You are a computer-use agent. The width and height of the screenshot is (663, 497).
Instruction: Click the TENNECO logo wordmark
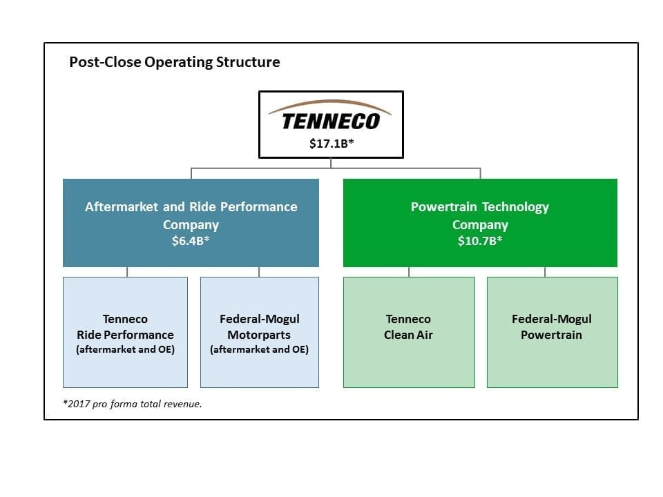click(331, 121)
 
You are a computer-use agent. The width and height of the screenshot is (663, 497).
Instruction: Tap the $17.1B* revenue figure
click(331, 144)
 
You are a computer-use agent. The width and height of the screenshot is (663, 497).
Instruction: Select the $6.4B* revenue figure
click(191, 241)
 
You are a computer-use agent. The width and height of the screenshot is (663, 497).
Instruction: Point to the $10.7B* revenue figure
click(480, 241)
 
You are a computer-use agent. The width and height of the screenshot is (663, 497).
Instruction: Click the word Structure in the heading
click(248, 62)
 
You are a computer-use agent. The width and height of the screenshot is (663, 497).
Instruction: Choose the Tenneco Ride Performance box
click(125, 332)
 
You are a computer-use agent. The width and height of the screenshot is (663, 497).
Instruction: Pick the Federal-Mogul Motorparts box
click(260, 332)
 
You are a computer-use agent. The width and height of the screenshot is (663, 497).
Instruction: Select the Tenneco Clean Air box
click(409, 332)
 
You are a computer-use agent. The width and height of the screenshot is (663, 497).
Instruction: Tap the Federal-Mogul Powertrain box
click(552, 332)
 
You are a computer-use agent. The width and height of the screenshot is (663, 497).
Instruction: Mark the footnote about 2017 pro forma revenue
click(133, 404)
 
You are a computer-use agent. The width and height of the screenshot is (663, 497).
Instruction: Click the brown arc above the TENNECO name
click(330, 102)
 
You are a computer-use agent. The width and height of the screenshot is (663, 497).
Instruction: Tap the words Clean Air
click(408, 335)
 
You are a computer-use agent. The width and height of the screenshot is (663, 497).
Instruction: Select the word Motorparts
click(259, 335)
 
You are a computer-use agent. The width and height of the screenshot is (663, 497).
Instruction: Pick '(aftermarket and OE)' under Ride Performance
click(125, 349)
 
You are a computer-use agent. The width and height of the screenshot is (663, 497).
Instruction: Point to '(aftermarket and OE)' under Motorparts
click(259, 349)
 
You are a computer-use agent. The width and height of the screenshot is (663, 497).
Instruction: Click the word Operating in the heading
click(178, 63)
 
